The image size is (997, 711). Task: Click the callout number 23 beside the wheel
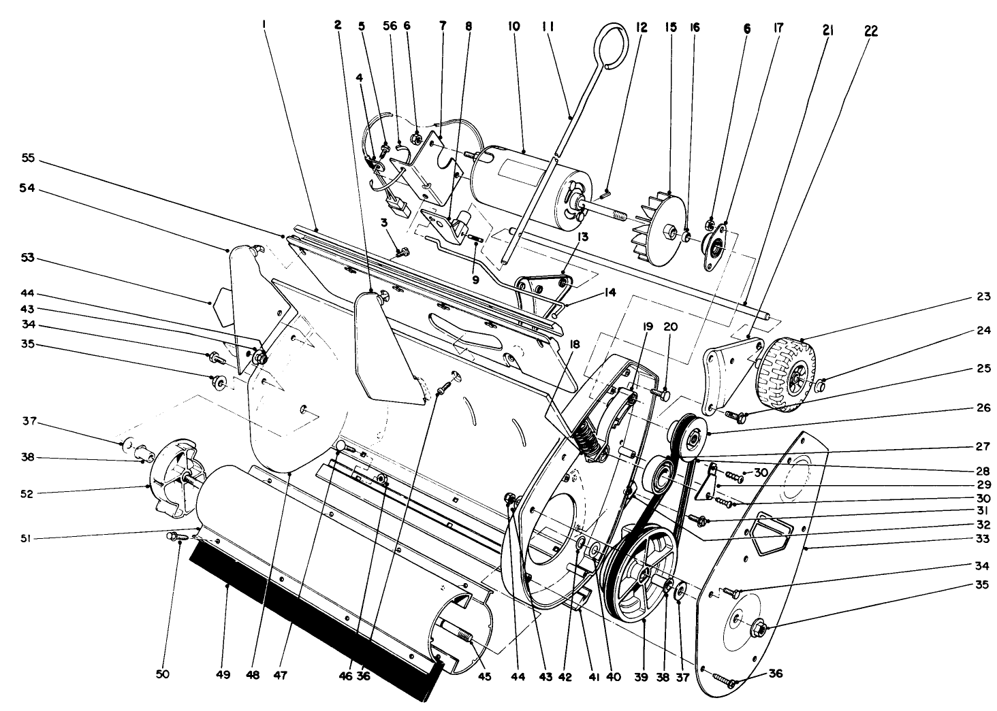981,297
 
